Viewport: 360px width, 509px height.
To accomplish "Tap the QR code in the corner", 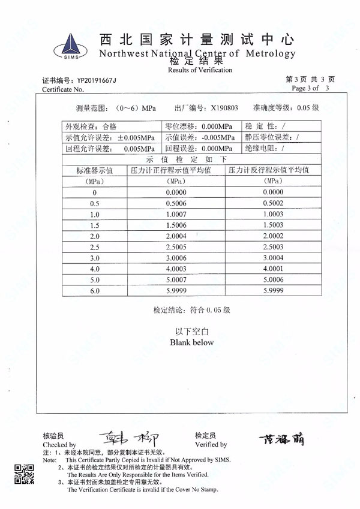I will (23, 474).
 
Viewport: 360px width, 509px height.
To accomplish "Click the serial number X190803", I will (224, 109).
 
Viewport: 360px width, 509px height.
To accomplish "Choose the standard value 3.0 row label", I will (94, 258).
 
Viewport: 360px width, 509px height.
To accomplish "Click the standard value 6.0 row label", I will (94, 291).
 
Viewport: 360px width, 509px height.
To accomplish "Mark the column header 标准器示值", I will (94, 171).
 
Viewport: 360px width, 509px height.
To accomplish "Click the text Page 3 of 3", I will (310, 89).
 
